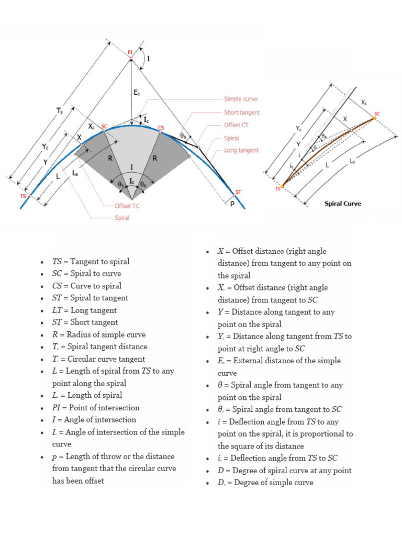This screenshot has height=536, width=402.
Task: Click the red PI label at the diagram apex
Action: tap(130, 52)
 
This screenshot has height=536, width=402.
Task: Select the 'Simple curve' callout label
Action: tap(241, 99)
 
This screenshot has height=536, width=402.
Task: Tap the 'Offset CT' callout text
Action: tap(240, 125)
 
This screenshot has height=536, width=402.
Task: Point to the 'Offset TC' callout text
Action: tap(127, 206)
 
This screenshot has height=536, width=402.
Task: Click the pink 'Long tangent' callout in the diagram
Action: tap(241, 150)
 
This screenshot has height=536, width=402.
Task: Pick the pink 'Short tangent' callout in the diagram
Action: tap(242, 113)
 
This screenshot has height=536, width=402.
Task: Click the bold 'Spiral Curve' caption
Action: tap(343, 204)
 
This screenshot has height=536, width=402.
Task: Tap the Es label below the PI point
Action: tap(136, 92)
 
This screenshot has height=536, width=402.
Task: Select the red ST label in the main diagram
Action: tap(238, 192)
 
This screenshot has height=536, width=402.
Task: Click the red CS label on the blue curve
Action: tap(161, 128)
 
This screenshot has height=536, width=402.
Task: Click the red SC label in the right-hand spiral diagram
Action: tap(377, 114)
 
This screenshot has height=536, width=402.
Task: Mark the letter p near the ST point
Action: tap(232, 204)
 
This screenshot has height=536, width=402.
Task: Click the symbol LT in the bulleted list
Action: tap(57, 310)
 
